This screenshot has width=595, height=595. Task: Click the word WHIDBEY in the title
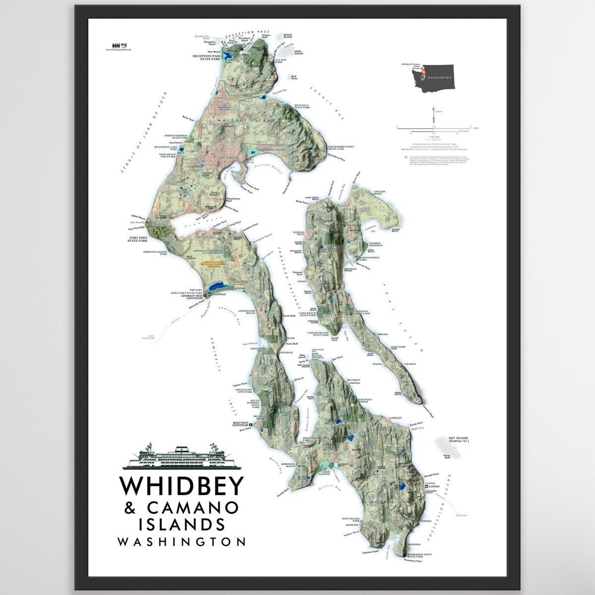[x=181, y=486]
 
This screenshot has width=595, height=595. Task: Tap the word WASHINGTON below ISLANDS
[x=181, y=541]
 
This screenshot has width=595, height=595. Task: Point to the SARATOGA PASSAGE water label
[x=288, y=278]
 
